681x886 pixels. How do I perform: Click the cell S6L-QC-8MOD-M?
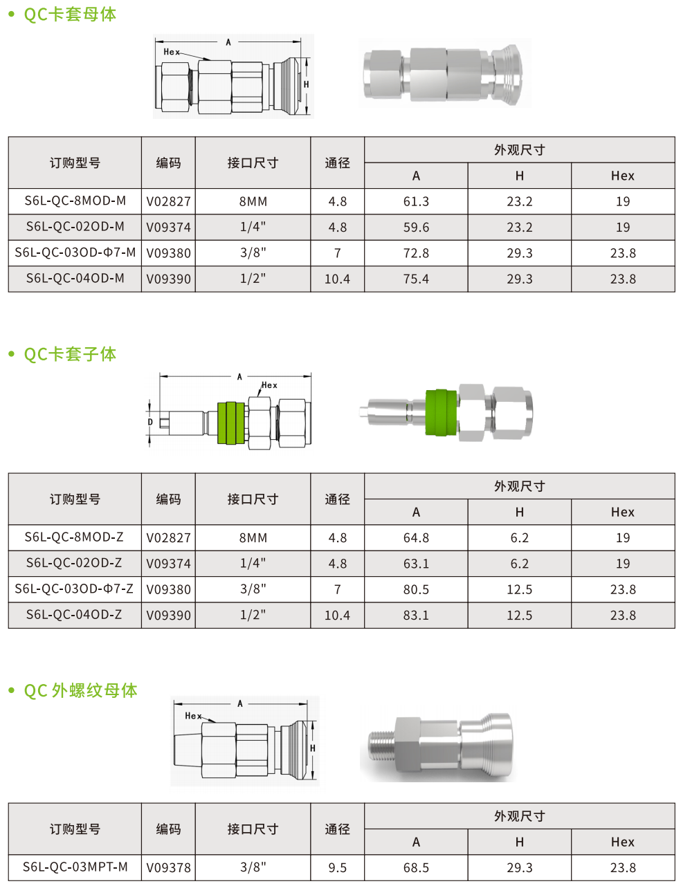click(x=75, y=201)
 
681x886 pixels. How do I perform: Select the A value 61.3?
click(x=416, y=201)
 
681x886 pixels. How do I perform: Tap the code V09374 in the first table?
click(x=168, y=227)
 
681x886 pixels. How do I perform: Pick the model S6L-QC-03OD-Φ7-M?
click(x=75, y=252)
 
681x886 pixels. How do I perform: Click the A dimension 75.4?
click(x=416, y=279)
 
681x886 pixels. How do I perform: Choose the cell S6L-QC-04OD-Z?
click(x=74, y=614)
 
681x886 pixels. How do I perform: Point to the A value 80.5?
click(x=416, y=589)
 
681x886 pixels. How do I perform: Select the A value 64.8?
click(x=416, y=538)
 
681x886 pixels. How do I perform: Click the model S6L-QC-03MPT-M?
click(x=75, y=867)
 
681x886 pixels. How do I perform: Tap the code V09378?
click(x=168, y=867)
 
